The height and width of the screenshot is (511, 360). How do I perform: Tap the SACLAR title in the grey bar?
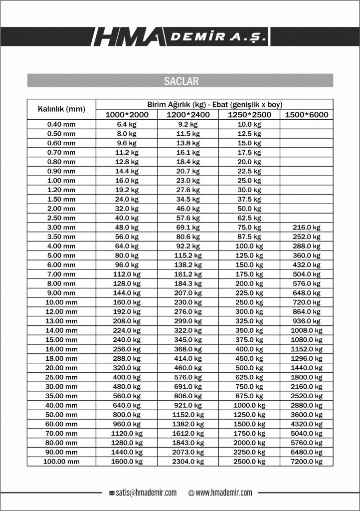[180, 81]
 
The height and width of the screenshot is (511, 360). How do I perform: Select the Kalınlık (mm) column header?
[61, 109]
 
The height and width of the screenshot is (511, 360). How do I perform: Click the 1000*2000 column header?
[126, 115]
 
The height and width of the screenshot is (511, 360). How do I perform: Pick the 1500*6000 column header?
[307, 115]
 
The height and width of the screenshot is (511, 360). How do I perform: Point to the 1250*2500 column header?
[249, 115]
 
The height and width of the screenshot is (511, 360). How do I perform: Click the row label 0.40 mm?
[61, 124]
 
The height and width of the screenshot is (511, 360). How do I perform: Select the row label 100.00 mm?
[61, 462]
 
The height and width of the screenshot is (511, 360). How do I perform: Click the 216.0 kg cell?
[307, 228]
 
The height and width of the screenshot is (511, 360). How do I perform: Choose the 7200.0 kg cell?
[307, 462]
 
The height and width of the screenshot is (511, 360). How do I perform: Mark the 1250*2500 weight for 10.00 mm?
[249, 302]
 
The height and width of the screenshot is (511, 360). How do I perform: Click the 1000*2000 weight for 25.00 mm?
[126, 377]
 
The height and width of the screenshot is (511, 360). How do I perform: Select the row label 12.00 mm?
[61, 312]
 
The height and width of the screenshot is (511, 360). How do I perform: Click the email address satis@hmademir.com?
[146, 493]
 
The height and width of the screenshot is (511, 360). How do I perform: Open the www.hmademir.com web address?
[224, 493]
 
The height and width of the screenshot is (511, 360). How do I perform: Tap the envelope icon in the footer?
[112, 493]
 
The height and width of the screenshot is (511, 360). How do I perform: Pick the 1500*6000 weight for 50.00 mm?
[307, 415]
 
